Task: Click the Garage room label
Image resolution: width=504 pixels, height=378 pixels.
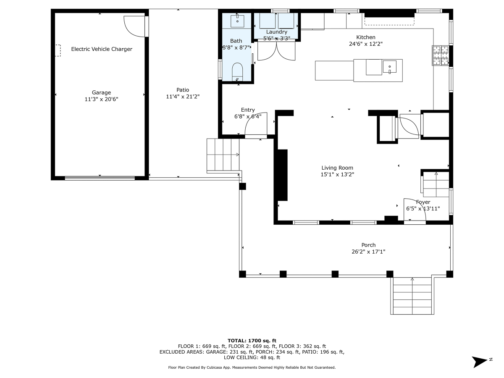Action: coord(101,92)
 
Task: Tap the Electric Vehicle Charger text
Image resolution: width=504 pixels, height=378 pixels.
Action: coord(102,49)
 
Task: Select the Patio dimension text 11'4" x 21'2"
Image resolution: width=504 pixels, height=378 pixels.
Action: coord(183,97)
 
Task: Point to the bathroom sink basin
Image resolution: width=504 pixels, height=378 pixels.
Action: coord(237,21)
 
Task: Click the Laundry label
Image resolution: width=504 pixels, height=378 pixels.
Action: coord(277,32)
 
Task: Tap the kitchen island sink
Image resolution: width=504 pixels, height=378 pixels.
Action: coord(389,67)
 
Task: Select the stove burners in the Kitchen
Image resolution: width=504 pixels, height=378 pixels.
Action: coord(441,55)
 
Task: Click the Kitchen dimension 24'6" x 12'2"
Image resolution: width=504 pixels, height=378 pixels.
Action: coord(366,44)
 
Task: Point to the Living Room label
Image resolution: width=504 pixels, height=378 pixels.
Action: coord(337,168)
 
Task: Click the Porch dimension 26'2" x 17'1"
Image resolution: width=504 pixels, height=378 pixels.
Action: coord(368,252)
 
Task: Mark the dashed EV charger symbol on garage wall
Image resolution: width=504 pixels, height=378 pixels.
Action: coord(58,50)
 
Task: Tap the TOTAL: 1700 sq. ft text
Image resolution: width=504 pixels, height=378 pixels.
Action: coord(252,341)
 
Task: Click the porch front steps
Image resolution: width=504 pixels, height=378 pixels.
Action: coord(412,296)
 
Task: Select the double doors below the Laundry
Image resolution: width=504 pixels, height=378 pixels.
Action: coord(276,51)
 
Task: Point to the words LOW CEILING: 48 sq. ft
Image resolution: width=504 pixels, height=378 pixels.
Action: coord(252,357)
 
